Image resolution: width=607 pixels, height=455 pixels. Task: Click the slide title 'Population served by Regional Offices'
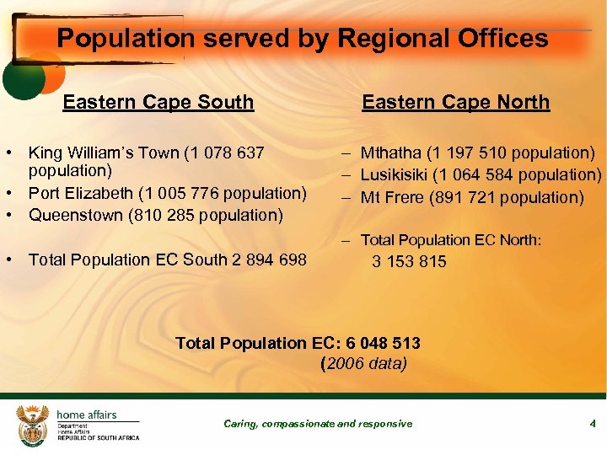(303, 38)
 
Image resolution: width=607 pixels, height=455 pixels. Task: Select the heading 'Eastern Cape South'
(158, 103)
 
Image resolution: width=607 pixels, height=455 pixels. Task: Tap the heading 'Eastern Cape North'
(455, 103)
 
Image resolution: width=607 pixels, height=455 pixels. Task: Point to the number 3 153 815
(410, 261)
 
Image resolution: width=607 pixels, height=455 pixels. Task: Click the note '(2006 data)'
(364, 364)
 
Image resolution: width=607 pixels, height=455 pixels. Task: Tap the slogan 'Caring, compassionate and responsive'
(318, 424)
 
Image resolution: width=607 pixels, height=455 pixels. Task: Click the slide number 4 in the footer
(593, 423)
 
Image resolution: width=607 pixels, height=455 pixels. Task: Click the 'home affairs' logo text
(87, 415)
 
